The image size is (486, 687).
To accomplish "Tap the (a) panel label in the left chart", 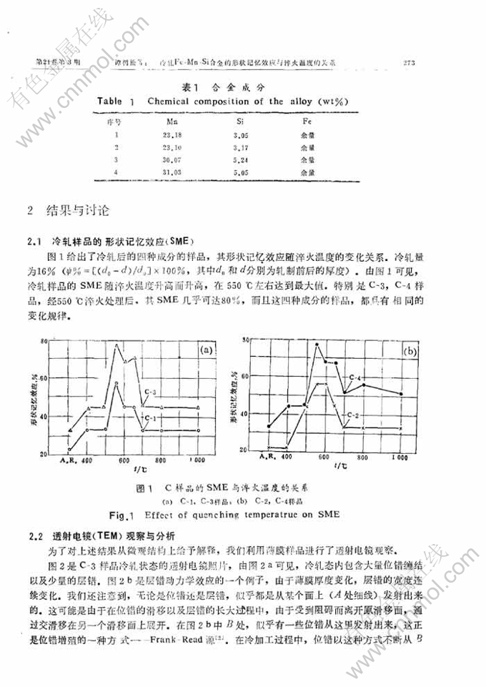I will point(206,350).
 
